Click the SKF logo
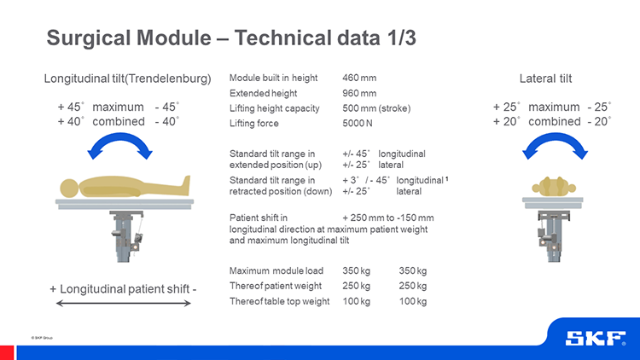pyautogui.click(x=596, y=339)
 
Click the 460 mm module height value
pyautogui.click(x=359, y=78)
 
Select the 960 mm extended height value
pyautogui.click(x=359, y=94)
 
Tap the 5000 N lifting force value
pyautogui.click(x=358, y=123)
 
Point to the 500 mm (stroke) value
pyautogui.click(x=376, y=108)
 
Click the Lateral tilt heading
pyautogui.click(x=546, y=78)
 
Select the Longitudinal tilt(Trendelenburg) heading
pyautogui.click(x=127, y=78)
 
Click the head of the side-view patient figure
pyautogui.click(x=69, y=189)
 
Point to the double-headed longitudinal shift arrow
pyautogui.click(x=123, y=303)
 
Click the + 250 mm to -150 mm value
pyautogui.click(x=388, y=218)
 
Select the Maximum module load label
pyautogui.click(x=276, y=270)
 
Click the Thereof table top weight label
pyautogui.click(x=280, y=301)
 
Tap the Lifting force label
pyautogui.click(x=254, y=123)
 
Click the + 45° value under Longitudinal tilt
pyautogui.click(x=71, y=107)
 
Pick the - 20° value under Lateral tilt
pyautogui.click(x=599, y=122)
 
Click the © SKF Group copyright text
pyautogui.click(x=42, y=338)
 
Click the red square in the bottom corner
pyautogui.click(x=7, y=352)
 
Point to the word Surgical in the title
pyautogui.click(x=89, y=38)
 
